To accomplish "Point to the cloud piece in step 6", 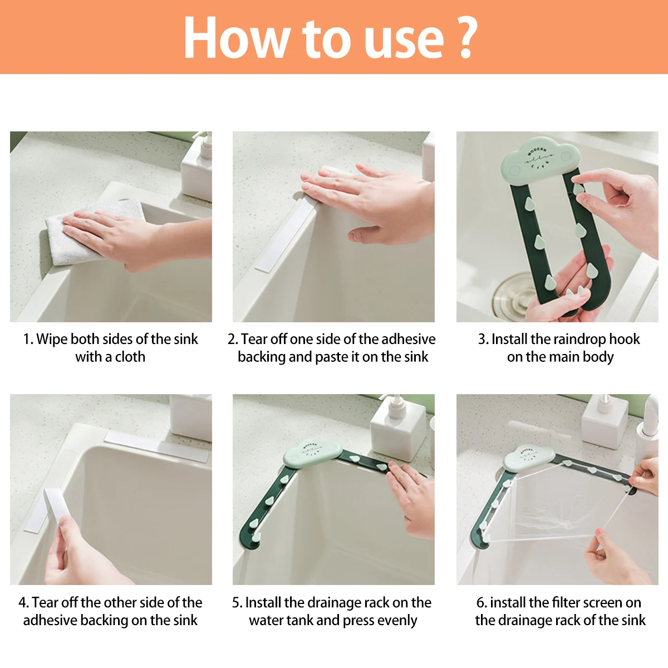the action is coord(529,457).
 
